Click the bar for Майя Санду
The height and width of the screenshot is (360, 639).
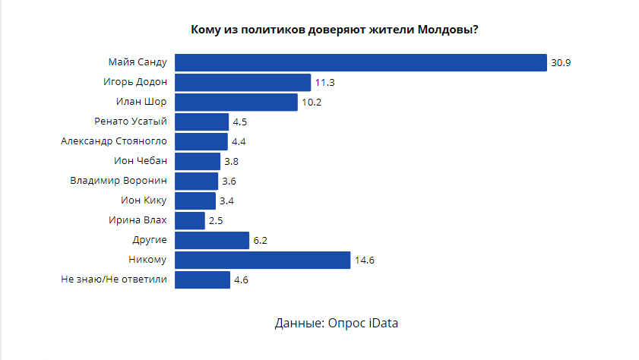pyautogui.click(x=361, y=63)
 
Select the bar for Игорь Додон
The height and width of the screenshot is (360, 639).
pyautogui.click(x=243, y=83)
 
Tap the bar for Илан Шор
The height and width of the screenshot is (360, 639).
pyautogui.click(x=236, y=103)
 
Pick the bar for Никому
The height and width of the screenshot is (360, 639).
pyautogui.click(x=262, y=261)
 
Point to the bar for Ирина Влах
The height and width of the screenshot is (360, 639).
pyautogui.click(x=190, y=221)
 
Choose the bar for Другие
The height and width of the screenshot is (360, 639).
pyautogui.click(x=212, y=241)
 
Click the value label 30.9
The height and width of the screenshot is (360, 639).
pyautogui.click(x=561, y=63)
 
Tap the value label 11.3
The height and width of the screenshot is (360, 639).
pyautogui.click(x=325, y=83)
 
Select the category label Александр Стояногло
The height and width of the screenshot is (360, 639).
pyautogui.click(x=113, y=141)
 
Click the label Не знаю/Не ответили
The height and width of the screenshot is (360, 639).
pyautogui.click(x=113, y=279)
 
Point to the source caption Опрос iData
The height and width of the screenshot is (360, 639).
pyautogui.click(x=336, y=324)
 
